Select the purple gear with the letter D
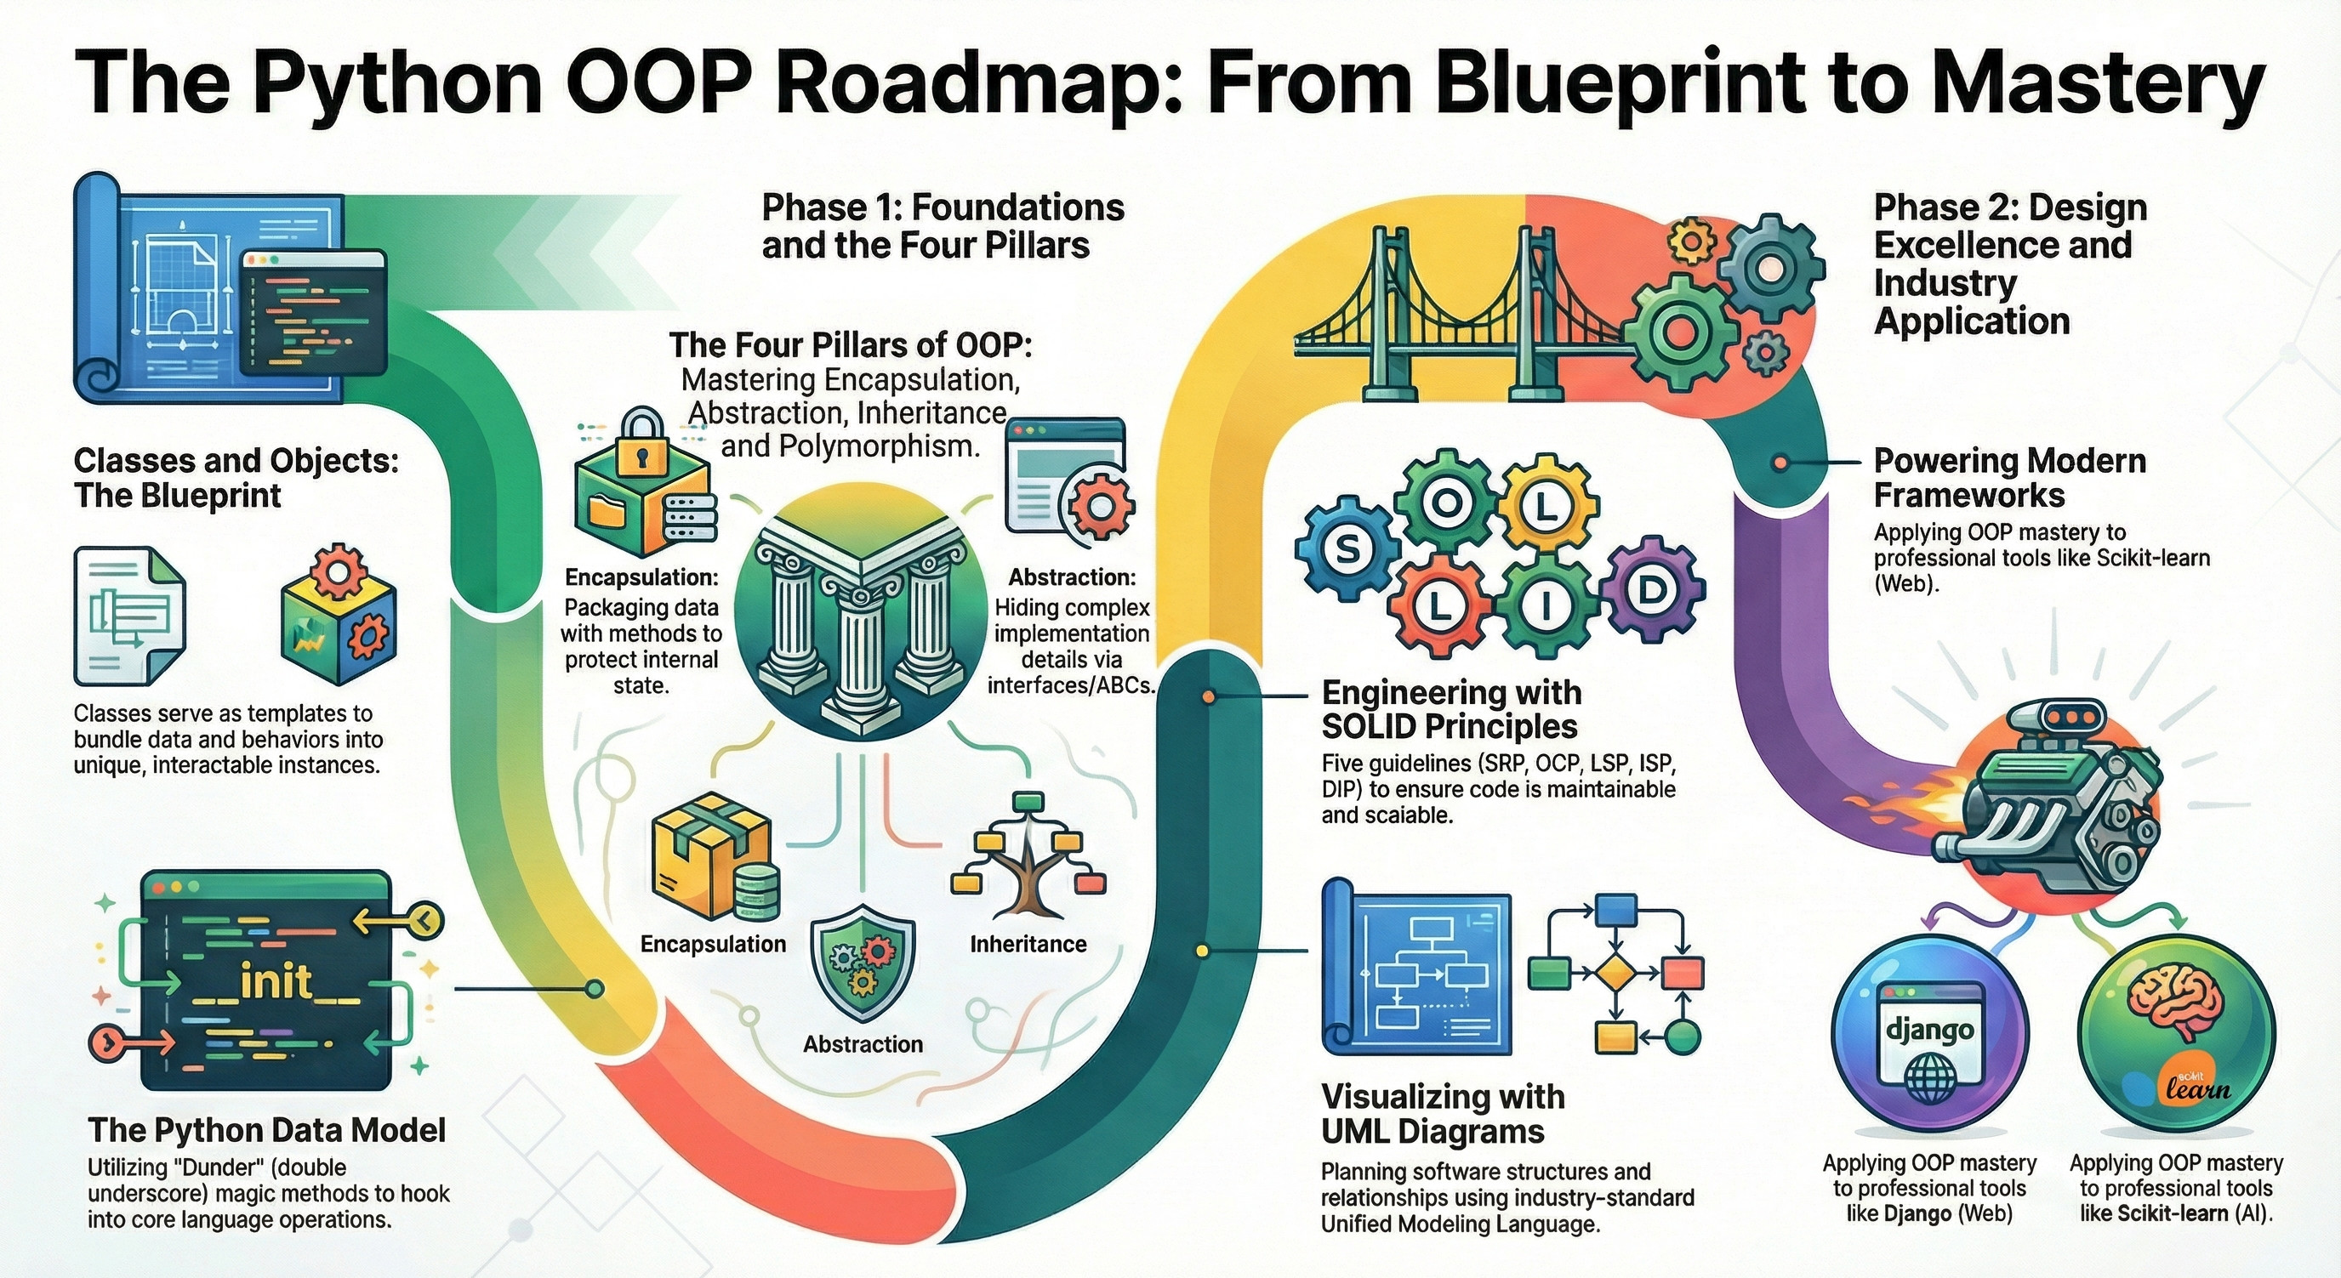tap(1649, 590)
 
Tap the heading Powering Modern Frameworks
tap(2009, 478)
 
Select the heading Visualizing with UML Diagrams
tap(1442, 1113)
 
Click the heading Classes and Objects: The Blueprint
tap(236, 478)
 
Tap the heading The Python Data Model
tap(267, 1130)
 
